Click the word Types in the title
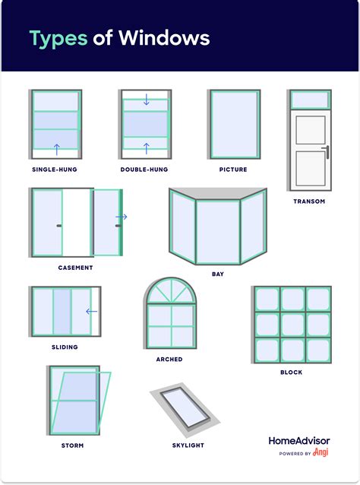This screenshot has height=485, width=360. pos(58,38)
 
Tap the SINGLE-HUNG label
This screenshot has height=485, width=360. pos(55,170)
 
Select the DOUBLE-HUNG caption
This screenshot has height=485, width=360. pos(144,170)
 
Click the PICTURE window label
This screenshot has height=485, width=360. pos(232,170)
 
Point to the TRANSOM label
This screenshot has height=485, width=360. pos(309,201)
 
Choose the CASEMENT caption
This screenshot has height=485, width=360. pos(75,268)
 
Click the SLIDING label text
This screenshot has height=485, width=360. pos(64,347)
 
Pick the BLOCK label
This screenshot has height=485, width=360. pos(291,372)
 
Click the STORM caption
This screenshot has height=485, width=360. pos(72,445)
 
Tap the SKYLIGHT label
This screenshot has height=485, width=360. pos(188,445)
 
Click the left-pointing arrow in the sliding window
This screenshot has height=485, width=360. pos(91,311)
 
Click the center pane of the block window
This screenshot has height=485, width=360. pos(292,325)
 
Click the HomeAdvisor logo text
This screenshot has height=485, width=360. pos(298,440)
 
